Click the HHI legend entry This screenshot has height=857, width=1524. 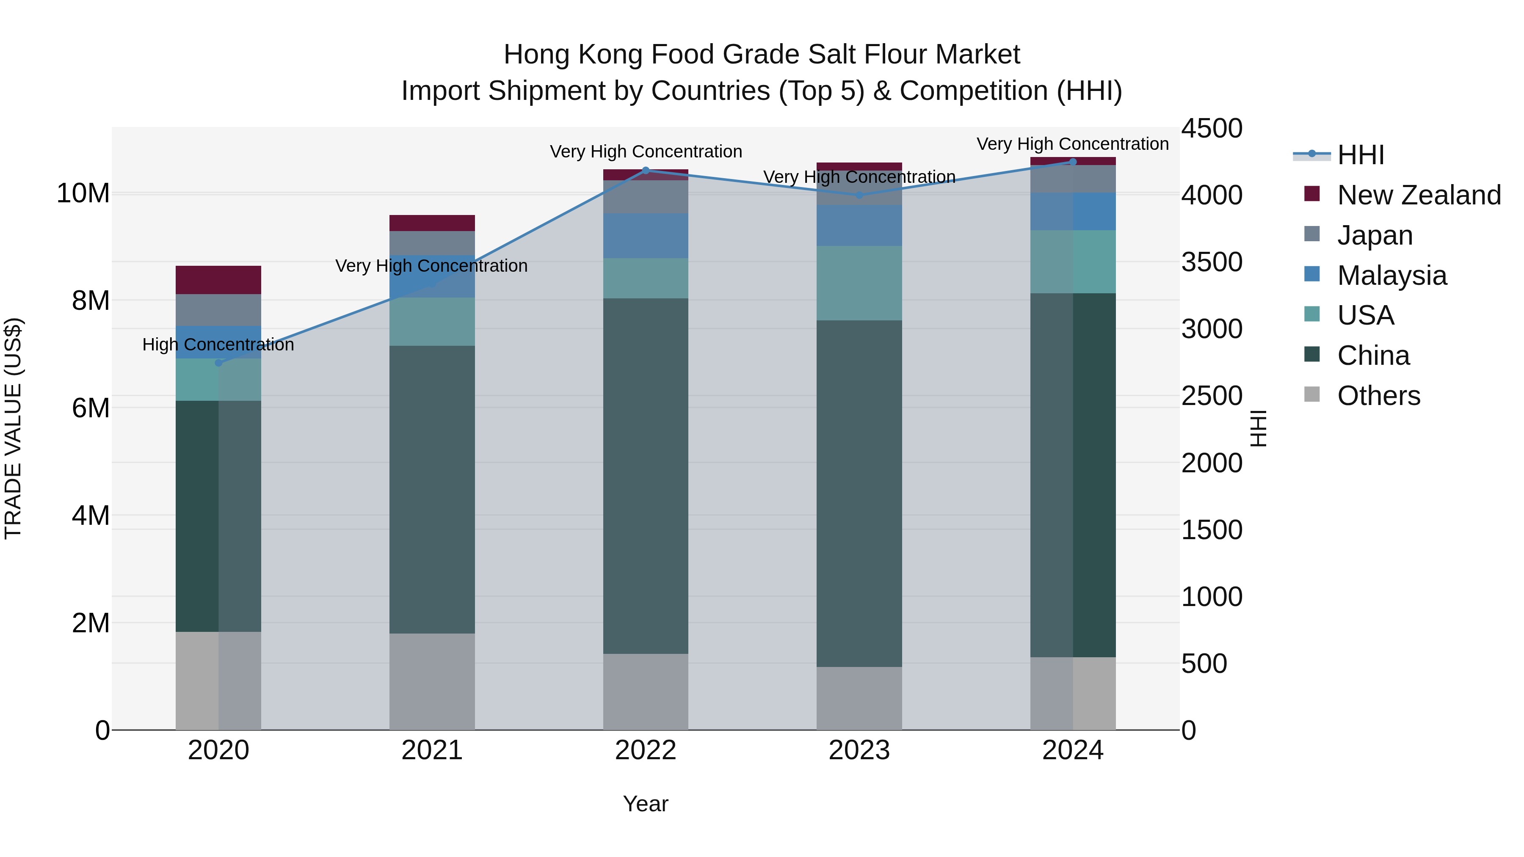[1360, 156]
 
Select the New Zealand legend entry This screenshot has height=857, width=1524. [1419, 195]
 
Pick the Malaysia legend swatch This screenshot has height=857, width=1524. [1311, 274]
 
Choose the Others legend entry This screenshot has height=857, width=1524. [1378, 396]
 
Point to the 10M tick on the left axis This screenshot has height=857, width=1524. [83, 193]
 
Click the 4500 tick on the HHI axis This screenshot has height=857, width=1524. [1212, 129]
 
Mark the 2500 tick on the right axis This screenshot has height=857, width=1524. [1212, 396]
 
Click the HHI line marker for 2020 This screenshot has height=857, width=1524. [218, 363]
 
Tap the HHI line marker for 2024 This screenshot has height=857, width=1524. [1073, 162]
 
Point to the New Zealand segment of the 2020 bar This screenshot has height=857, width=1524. [218, 280]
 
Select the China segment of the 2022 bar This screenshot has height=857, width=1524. [646, 476]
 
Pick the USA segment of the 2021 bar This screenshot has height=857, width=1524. [432, 321]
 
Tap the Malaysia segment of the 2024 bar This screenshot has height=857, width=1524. [1073, 211]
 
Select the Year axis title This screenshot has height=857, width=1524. [646, 804]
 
